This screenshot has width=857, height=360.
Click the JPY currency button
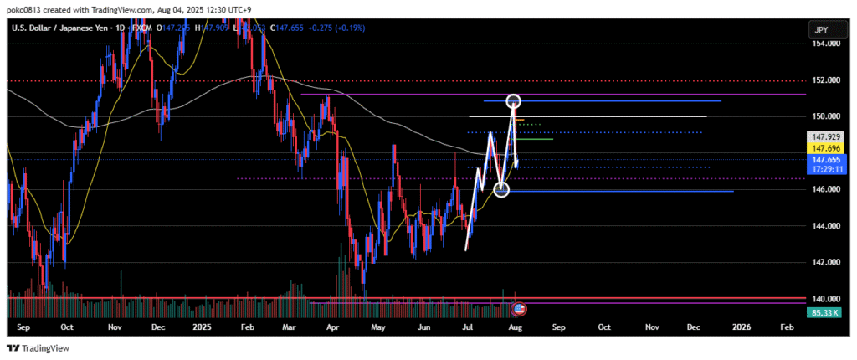coord(824,30)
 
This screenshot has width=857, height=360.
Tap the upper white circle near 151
coord(515,102)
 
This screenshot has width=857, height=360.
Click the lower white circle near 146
coord(501,190)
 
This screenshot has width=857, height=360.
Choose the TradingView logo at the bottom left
coord(38,347)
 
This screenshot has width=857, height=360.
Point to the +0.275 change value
coord(323,28)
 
